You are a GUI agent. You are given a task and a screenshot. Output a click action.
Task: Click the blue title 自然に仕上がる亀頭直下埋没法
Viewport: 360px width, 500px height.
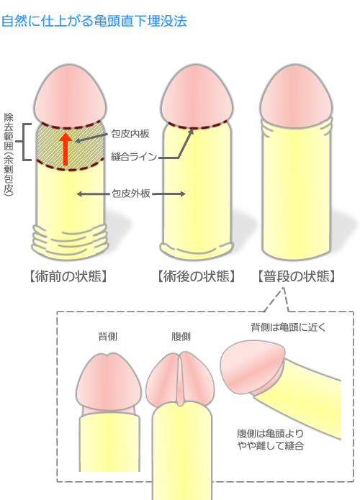[x=94, y=22]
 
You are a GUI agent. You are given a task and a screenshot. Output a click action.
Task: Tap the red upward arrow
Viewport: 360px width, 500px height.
[x=66, y=149]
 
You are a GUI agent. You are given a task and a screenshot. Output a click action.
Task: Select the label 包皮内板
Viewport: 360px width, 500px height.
[x=130, y=134]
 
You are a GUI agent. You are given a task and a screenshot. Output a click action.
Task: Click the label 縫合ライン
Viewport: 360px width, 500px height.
[x=134, y=157]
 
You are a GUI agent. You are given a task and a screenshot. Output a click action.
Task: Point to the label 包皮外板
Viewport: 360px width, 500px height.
[x=131, y=194]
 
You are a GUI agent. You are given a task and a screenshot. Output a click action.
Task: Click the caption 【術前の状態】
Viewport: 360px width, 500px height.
[x=68, y=276]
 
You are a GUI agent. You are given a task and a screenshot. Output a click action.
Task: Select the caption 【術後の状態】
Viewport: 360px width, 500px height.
[x=197, y=276]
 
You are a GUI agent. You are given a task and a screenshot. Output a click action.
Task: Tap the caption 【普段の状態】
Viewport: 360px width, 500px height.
[x=297, y=276]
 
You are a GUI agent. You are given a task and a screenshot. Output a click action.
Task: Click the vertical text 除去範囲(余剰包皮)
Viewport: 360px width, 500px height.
[x=9, y=154]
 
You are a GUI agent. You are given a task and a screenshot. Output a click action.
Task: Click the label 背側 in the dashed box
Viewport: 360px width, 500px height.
[x=107, y=337]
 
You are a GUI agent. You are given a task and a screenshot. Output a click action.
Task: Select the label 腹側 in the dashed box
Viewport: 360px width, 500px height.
[x=181, y=337]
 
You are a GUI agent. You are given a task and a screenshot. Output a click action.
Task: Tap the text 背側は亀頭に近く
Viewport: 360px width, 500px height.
[x=288, y=327]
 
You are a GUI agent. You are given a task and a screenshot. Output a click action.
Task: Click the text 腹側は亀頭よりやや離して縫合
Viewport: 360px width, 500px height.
[x=270, y=440]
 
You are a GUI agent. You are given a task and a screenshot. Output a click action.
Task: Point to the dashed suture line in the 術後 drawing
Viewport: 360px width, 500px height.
[x=197, y=125]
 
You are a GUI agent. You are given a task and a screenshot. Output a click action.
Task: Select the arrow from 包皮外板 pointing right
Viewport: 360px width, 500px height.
[x=168, y=194]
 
